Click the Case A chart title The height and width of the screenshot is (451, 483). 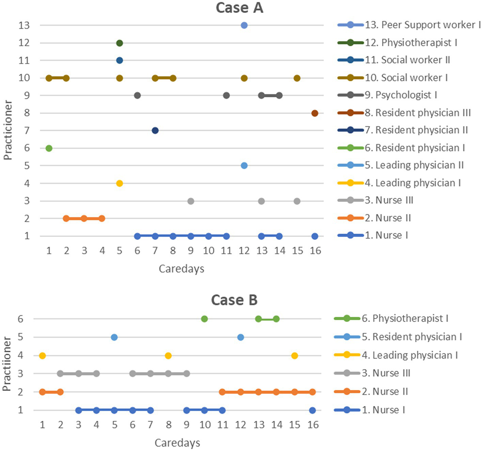(x=239, y=8)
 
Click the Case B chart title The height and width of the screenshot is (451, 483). (x=234, y=300)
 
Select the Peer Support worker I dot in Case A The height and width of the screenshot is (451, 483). (x=244, y=25)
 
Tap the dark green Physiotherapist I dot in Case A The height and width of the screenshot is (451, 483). (x=119, y=43)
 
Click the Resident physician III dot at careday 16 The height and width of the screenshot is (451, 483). (x=315, y=113)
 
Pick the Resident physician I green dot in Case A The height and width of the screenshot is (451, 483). (x=49, y=148)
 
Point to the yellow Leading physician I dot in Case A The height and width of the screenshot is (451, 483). (x=119, y=183)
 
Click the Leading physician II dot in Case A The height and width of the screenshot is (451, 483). (x=244, y=165)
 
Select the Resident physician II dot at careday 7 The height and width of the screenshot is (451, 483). (x=155, y=130)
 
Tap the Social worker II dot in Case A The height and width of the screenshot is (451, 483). (x=119, y=60)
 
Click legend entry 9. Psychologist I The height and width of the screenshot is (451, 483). (x=401, y=95)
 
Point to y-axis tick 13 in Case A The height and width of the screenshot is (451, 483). (x=24, y=25)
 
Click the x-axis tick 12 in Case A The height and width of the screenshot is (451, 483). (x=244, y=251)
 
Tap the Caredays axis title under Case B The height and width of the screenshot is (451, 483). (x=177, y=443)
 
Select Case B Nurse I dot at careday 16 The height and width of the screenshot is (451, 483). (x=312, y=410)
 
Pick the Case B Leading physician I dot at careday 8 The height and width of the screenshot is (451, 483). (x=168, y=355)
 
